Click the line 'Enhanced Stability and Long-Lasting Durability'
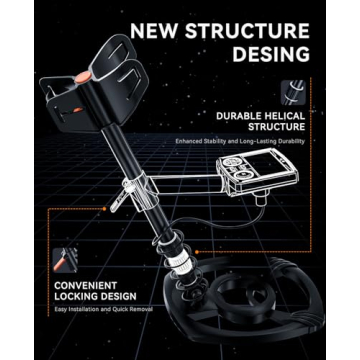pyautogui.click(x=239, y=141)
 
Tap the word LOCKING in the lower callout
pyautogui.click(x=76, y=296)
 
